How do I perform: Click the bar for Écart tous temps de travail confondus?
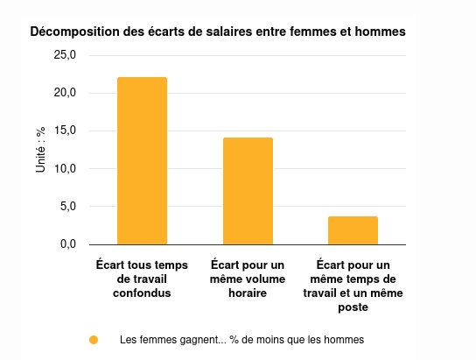point(142,161)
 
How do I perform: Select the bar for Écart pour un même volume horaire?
point(248,191)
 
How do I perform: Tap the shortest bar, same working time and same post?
point(353,230)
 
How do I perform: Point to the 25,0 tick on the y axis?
point(66,55)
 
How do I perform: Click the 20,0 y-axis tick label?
point(66,93)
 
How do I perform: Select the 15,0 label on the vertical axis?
point(66,131)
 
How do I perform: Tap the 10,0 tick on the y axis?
point(66,168)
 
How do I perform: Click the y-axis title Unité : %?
point(40,150)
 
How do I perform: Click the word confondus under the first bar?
point(142,293)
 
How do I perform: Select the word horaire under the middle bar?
point(248,293)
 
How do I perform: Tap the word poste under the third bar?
point(353,307)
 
